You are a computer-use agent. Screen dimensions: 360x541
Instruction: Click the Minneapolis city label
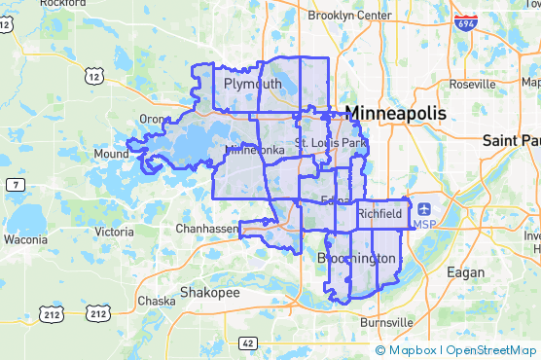(x=396, y=113)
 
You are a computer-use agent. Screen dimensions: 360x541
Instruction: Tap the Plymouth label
(x=252, y=85)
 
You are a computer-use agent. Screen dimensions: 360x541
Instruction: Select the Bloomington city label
(x=357, y=258)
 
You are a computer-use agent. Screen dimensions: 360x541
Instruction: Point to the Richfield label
(x=379, y=213)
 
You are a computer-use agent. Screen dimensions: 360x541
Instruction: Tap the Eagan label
(x=465, y=272)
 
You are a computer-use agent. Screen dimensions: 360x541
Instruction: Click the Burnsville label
(x=386, y=322)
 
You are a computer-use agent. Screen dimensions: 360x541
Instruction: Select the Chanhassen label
(x=206, y=229)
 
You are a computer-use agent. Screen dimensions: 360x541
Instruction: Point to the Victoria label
(x=115, y=232)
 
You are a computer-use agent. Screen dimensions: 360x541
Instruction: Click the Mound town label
(x=111, y=154)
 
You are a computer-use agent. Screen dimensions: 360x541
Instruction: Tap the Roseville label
(x=473, y=85)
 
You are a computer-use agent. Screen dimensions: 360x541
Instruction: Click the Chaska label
(x=157, y=301)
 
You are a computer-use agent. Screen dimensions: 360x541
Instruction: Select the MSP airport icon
(x=425, y=207)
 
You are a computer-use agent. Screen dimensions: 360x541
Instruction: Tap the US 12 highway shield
(x=94, y=74)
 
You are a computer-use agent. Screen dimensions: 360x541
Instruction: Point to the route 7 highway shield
(x=17, y=184)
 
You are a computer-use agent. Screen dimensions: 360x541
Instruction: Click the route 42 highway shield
(x=247, y=342)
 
